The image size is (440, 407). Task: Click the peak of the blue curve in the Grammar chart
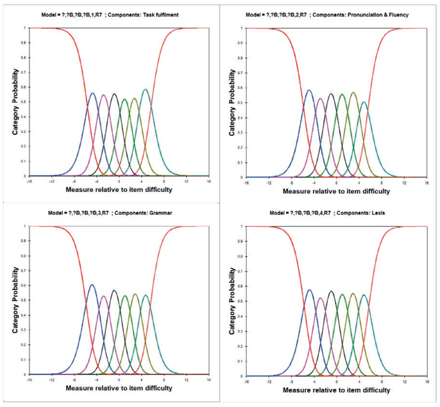pos(92,285)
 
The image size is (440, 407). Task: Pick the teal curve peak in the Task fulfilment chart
pos(145,90)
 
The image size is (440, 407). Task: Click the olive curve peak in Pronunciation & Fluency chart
pos(353,93)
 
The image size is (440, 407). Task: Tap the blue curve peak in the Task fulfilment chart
pos(92,93)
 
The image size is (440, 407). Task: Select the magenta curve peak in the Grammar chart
pos(103,296)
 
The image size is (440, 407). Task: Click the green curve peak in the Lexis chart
pos(342,294)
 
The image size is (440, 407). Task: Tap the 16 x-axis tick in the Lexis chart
pos(427,381)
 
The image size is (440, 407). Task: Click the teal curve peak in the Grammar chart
pos(146,295)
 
